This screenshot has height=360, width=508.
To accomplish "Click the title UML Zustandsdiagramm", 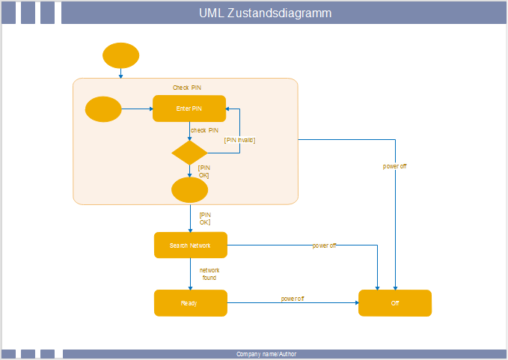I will pos(266,13).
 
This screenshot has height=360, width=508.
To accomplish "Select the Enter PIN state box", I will pos(189,109).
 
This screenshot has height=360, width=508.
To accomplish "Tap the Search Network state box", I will pos(190,245).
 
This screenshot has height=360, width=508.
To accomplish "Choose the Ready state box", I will pos(190,303).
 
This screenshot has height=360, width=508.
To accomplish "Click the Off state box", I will pos(395,303).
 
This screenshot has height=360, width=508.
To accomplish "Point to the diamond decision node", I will pos(189,153).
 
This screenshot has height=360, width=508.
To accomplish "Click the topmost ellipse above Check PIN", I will pos(120,55).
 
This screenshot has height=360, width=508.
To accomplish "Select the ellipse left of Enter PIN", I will pos(103,109).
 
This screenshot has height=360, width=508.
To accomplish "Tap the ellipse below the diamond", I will pos(189,190).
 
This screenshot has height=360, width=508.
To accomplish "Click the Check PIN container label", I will pos(187,88).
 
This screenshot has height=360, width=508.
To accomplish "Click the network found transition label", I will pos(209,274).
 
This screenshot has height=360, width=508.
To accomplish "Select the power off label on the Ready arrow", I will pos(293,299).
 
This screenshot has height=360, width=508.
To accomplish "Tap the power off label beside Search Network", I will pos(324,245).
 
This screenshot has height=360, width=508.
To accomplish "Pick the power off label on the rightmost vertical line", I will pos(394,166).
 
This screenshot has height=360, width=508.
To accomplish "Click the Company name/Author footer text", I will pos(266,354).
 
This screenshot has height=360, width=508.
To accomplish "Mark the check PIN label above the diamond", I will pos(204,130).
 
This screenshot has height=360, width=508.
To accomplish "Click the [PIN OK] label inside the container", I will pos(203,171).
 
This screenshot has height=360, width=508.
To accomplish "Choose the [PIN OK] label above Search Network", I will pos(204,219).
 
